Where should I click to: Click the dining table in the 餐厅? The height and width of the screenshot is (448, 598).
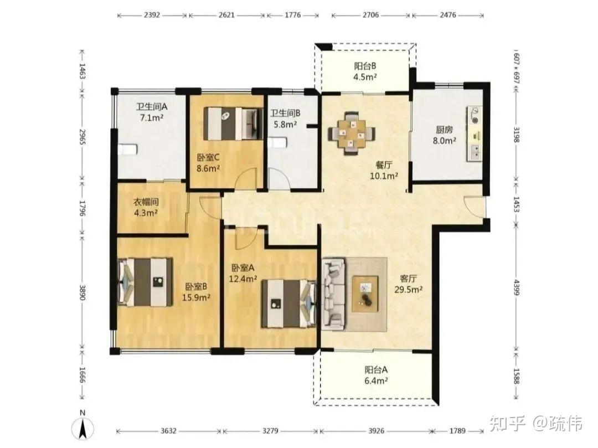pyautogui.click(x=352, y=133)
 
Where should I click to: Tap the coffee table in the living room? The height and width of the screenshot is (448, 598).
pyautogui.click(x=365, y=293)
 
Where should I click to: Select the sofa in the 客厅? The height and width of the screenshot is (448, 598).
pyautogui.click(x=334, y=294)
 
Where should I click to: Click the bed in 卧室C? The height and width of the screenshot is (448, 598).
pyautogui.click(x=233, y=123)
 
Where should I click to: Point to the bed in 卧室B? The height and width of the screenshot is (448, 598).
pyautogui.click(x=145, y=282)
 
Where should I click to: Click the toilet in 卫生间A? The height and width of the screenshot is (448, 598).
pyautogui.click(x=127, y=149)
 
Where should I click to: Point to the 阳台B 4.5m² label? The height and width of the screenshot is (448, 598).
pyautogui.click(x=365, y=71)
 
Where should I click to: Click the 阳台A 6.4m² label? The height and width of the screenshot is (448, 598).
pyautogui.click(x=376, y=375)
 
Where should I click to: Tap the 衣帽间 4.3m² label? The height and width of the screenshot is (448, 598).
pyautogui.click(x=145, y=207)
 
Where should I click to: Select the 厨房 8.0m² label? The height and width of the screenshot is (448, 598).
pyautogui.click(x=444, y=135)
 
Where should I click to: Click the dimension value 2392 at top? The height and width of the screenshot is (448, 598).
pyautogui.click(x=152, y=16)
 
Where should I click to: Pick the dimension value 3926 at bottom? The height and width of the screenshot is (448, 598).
pyautogui.click(x=376, y=431)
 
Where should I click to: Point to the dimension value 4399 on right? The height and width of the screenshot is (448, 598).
pyautogui.click(x=517, y=287)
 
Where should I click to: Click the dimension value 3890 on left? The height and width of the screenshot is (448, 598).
pyautogui.click(x=82, y=292)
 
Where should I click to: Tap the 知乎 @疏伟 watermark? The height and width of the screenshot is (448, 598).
pyautogui.click(x=535, y=424)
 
